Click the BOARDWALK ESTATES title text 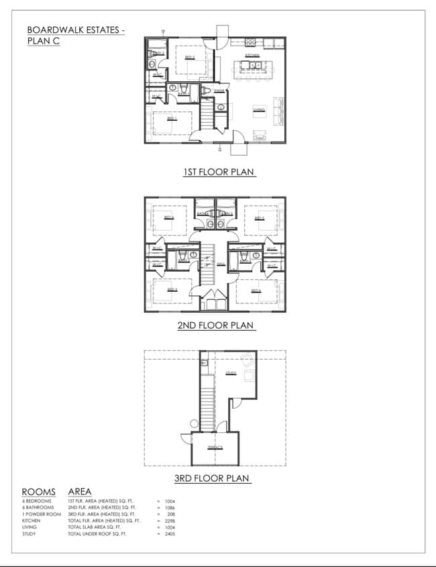[75, 30]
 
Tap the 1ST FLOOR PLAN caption [219, 172]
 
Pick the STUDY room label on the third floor [231, 372]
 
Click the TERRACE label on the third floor [215, 447]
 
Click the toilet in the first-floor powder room [207, 91]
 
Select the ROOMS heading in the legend [39, 492]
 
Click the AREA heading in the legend [80, 492]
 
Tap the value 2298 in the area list [169, 520]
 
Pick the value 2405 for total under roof [169, 534]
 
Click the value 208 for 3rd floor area [170, 513]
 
